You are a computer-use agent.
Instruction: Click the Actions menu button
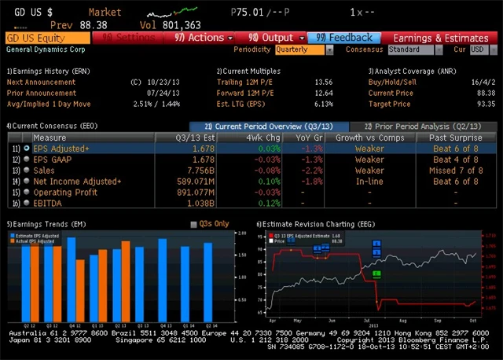click(203, 38)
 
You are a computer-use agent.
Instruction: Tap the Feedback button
click(343, 38)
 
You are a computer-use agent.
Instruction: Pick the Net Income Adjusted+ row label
click(77, 181)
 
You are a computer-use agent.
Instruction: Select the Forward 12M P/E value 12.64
click(323, 92)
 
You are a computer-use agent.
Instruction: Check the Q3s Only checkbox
click(193, 224)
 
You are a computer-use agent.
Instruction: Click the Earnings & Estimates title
click(440, 38)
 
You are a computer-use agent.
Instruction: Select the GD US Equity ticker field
click(47, 38)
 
